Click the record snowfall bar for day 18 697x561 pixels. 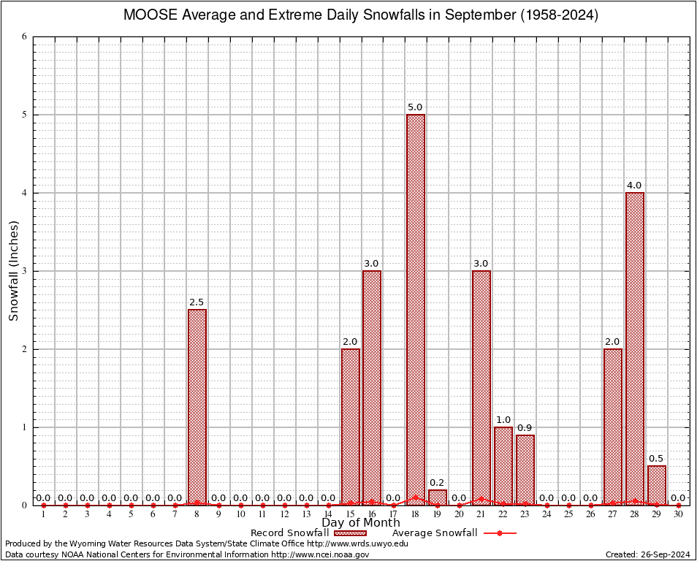tap(416, 310)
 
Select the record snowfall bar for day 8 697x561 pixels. tap(197, 407)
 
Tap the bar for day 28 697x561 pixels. tap(635, 348)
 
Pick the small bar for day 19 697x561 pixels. tap(438, 497)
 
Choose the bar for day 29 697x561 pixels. tap(657, 486)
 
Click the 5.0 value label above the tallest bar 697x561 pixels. tap(416, 107)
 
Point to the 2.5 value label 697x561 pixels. tap(197, 302)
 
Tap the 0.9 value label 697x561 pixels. tap(525, 427)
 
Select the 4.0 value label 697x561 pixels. tap(635, 186)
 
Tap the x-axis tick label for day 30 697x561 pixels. tap(679, 515)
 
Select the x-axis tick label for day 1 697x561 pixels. tap(44, 515)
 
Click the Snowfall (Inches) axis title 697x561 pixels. tap(13, 271)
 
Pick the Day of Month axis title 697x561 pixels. tap(361, 522)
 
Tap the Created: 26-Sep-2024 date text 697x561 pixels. tap(648, 554)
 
